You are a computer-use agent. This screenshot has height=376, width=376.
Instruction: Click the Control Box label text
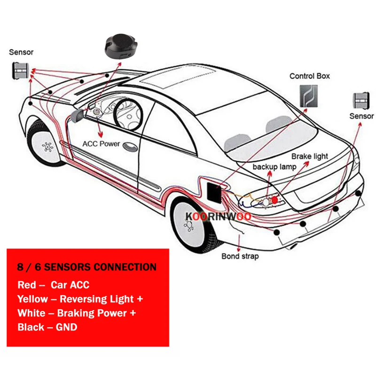309,76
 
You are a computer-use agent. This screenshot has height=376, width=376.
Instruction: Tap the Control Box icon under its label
308,96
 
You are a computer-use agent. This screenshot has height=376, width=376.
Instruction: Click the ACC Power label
101,144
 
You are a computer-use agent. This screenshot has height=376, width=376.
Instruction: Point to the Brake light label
310,156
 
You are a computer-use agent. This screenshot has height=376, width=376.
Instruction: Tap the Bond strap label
240,257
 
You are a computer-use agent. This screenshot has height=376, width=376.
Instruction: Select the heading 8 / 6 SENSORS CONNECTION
87,267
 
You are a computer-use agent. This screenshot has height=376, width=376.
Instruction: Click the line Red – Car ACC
53,285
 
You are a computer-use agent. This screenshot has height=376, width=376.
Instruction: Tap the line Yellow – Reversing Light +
80,299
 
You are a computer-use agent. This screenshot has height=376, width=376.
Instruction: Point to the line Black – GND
47,327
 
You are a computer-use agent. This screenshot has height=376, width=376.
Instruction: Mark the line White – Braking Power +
78,313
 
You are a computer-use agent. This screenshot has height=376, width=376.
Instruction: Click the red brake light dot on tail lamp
274,200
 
